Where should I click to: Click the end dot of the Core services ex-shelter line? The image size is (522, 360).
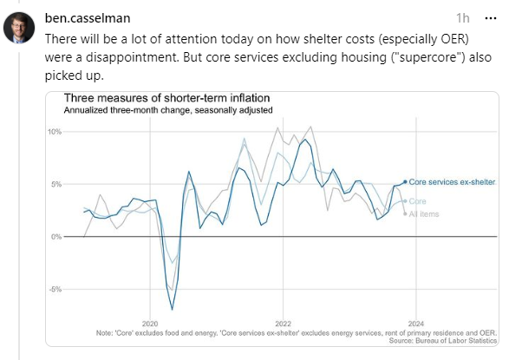click(405, 182)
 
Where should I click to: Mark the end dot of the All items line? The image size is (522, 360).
click(405, 213)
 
